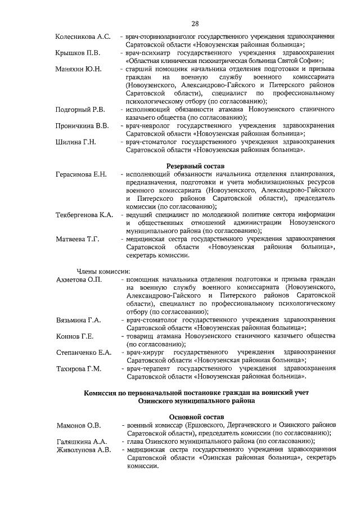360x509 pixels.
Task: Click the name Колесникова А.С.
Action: (83, 37)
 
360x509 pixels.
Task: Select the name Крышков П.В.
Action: (78, 53)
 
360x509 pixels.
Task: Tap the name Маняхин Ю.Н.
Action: (78, 69)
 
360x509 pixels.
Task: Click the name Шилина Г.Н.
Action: (76, 142)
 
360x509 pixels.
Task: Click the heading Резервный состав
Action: (195, 166)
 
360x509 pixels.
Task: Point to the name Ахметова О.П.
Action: (79, 280)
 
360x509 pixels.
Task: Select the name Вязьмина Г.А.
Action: (79, 320)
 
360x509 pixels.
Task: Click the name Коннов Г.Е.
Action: (75, 336)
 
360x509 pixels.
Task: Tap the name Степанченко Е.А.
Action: (83, 353)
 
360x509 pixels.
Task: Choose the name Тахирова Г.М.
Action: (79, 369)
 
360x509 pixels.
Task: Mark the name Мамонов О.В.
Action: (78, 425)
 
